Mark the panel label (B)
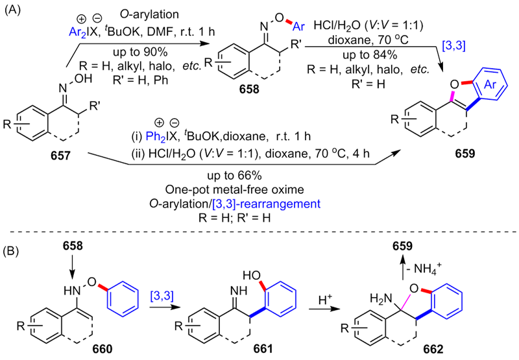tap(11, 248)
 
